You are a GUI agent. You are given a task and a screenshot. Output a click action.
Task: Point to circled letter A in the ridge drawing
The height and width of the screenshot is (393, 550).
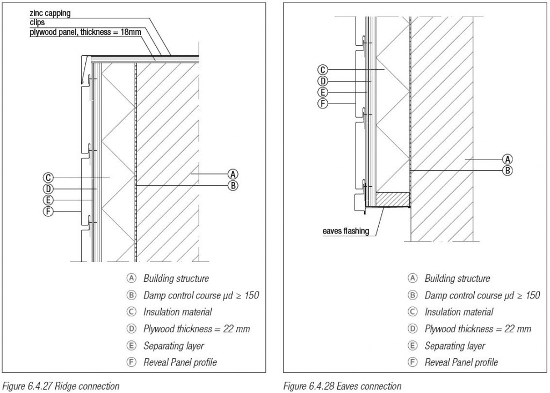point(233,173)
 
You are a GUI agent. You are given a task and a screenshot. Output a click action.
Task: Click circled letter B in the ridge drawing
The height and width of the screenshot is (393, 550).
point(233,186)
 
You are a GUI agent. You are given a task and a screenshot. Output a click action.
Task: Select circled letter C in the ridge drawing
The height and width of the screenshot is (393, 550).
point(48,177)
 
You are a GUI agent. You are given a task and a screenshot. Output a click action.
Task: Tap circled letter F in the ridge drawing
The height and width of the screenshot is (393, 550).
point(48,212)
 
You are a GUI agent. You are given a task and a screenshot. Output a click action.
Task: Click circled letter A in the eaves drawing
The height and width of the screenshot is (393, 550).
point(506,158)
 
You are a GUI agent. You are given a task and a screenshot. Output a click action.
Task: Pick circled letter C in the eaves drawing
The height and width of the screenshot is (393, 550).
point(322,69)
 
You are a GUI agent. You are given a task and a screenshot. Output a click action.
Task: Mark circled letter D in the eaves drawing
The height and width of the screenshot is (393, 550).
point(322,81)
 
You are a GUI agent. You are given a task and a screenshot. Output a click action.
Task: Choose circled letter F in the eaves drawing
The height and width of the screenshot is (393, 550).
point(322,104)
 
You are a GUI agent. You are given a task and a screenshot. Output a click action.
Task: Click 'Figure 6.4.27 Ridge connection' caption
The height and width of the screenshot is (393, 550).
point(61,386)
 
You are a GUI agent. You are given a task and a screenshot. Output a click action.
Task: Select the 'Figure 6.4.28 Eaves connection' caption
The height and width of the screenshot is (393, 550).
point(342,386)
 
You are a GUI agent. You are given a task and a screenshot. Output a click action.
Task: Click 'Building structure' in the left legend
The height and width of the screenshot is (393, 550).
point(176,279)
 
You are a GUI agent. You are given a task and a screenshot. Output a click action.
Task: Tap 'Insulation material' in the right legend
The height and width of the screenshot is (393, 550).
point(459,312)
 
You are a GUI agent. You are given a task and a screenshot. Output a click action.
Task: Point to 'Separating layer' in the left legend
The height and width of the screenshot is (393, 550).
point(173,346)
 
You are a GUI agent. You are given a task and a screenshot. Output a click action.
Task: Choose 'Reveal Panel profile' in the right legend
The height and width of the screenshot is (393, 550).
point(461,362)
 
